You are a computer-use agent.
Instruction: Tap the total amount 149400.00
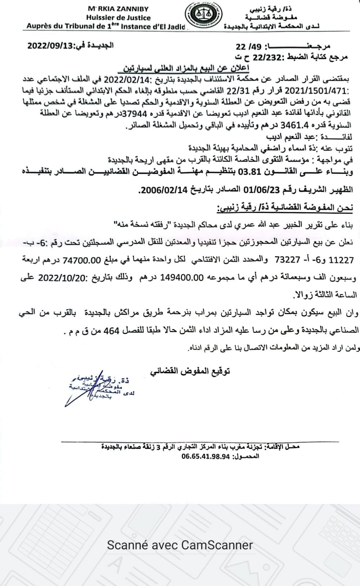pos(181,277)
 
